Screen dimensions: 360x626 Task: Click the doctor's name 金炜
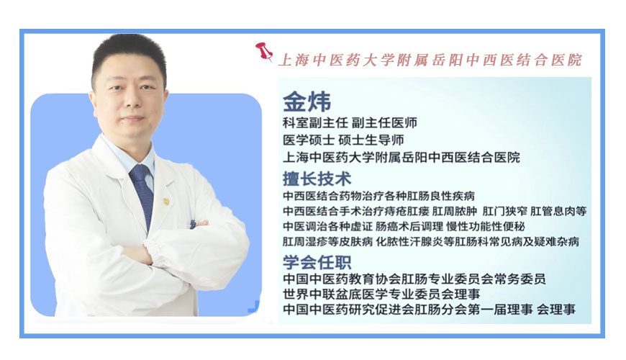click(307, 102)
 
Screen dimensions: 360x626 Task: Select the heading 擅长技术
click(317, 178)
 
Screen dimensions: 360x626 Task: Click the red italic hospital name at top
click(430, 60)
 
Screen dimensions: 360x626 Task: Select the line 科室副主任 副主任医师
click(350, 123)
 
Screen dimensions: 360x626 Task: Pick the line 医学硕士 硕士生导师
click(343, 140)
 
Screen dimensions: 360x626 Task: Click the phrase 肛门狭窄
click(504, 211)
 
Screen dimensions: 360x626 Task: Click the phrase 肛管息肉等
click(558, 211)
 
